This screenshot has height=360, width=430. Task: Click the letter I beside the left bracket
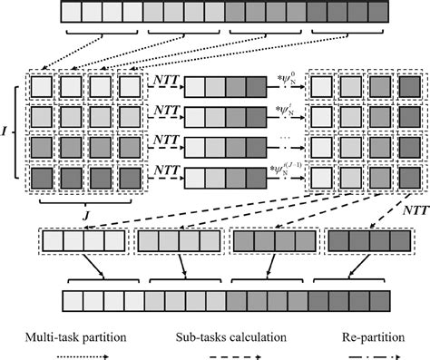coord(7,131)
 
